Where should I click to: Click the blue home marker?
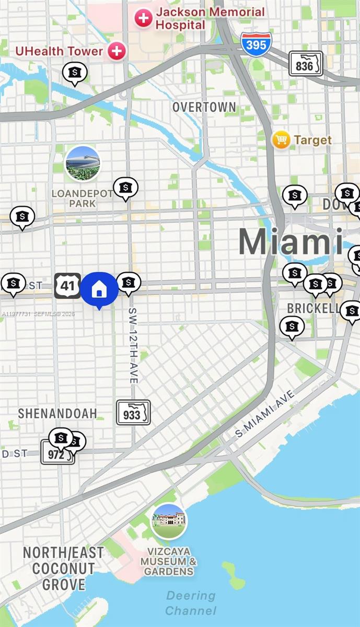(x=99, y=289)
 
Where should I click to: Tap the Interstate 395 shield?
(x=256, y=44)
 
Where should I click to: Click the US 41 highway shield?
(x=67, y=285)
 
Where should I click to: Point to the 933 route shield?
(x=133, y=413)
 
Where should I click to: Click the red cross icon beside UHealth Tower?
(x=117, y=51)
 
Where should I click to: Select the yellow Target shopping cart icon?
(x=281, y=140)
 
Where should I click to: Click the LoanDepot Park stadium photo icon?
(x=83, y=164)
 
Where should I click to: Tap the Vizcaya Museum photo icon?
(x=169, y=520)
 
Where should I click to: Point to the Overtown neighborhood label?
(x=204, y=107)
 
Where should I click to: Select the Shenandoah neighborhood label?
(x=57, y=413)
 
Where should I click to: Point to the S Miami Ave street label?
(x=265, y=413)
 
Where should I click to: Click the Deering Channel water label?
(x=191, y=602)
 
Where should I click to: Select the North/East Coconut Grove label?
(x=63, y=568)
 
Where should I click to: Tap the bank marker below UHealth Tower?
(x=75, y=73)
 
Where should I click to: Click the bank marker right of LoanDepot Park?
(x=125, y=188)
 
